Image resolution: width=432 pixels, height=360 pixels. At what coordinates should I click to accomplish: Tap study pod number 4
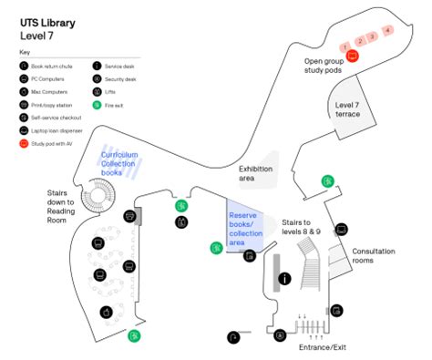388,31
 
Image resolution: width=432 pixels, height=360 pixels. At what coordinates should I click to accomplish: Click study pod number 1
346,45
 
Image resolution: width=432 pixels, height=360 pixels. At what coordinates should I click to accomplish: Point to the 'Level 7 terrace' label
347,108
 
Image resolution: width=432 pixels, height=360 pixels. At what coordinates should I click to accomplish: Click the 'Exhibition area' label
258,173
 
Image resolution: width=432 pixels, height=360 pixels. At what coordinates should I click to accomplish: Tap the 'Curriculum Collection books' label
120,164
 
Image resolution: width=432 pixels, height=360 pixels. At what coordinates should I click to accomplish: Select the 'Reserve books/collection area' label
245,229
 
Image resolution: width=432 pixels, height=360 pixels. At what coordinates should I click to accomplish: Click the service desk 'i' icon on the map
285,278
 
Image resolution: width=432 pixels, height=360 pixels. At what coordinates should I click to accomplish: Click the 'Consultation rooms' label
375,256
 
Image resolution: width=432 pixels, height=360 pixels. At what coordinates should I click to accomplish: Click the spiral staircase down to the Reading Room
95,195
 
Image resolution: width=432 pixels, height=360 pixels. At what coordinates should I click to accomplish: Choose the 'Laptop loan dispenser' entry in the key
57,130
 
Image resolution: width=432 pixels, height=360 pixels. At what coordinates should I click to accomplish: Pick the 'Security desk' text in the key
122,79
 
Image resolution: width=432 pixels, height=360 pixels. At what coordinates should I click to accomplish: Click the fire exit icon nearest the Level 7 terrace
326,180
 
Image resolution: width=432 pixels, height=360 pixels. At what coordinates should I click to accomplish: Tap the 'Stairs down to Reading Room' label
67,205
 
